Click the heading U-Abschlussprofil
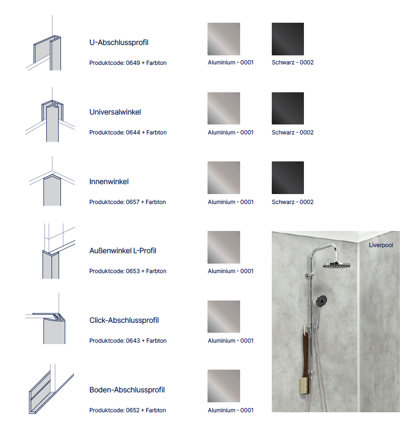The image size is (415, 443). click(119, 43)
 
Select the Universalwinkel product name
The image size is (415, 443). click(115, 112)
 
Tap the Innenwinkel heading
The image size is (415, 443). click(109, 182)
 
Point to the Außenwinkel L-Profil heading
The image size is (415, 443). click(122, 251)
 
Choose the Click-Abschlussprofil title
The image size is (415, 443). click(124, 320)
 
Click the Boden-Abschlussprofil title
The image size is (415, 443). click(127, 390)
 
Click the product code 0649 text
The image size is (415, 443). click(128, 63)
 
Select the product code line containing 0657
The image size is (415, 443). click(128, 202)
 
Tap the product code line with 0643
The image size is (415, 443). click(128, 341)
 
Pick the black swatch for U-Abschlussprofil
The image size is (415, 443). click(288, 39)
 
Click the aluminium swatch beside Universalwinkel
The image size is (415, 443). click(224, 108)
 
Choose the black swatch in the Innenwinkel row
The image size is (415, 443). click(288, 177)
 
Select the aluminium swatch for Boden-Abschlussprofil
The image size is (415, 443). click(224, 386)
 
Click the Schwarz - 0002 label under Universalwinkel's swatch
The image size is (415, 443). click(293, 133)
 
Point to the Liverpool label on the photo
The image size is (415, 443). click(380, 245)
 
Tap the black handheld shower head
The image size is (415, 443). click(321, 300)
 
